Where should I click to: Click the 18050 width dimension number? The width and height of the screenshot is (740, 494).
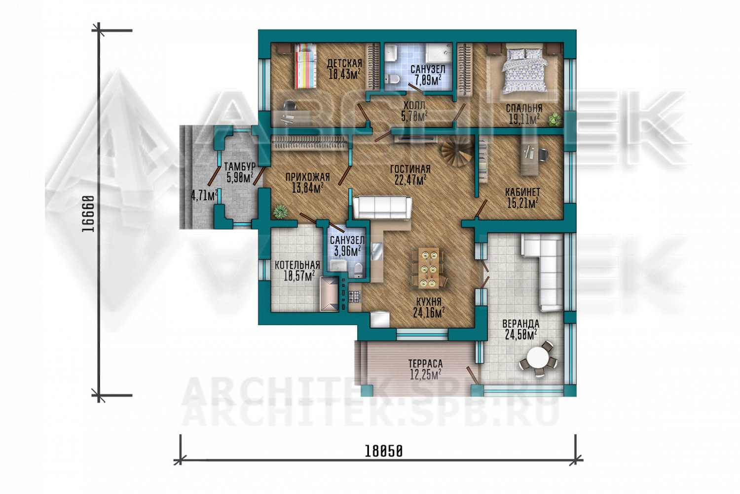383,451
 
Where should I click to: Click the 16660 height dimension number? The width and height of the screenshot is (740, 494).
88,214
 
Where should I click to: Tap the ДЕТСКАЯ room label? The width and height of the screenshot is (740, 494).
344,63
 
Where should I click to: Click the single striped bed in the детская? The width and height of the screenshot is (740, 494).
305,66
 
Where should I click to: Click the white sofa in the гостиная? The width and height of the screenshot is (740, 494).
382,208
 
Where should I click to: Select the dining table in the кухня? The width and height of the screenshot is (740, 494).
428,268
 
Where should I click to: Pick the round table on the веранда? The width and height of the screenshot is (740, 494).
538,358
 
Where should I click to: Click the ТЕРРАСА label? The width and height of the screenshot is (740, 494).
425,363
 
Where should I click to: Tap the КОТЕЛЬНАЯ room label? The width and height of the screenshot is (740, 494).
297,265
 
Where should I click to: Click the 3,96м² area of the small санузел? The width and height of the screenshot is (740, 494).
347,251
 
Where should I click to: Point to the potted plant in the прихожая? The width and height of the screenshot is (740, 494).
280,212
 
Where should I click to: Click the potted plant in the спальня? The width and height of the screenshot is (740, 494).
555,119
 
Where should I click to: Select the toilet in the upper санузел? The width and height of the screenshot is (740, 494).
393,79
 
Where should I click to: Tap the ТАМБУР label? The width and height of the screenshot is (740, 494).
239,166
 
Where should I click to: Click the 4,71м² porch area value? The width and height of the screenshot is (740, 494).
204,195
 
